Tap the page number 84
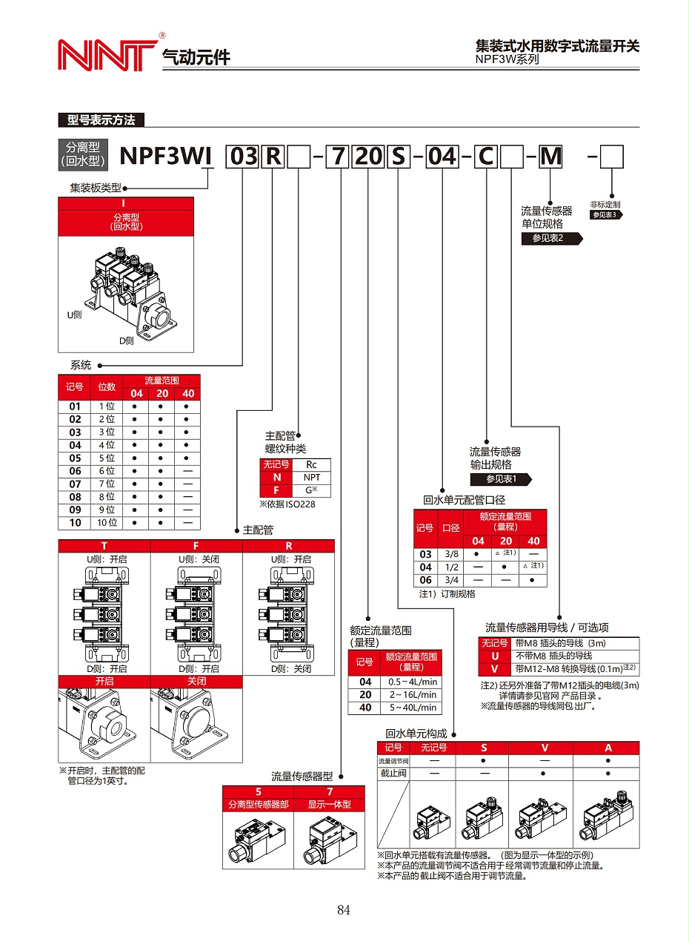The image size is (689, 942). click(x=343, y=910)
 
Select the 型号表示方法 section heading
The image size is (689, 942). click(x=101, y=120)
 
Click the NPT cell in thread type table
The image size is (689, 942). click(x=312, y=478)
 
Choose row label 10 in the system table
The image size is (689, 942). click(x=75, y=523)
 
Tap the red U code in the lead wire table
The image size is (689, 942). click(x=495, y=656)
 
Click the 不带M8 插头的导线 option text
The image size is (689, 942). click(x=553, y=656)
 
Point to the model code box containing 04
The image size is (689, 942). click(x=442, y=157)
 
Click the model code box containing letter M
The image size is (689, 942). click(x=550, y=157)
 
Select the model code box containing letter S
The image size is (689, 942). click(x=398, y=157)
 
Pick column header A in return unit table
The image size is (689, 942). click(x=608, y=748)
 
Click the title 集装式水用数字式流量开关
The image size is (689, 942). click(x=556, y=46)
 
